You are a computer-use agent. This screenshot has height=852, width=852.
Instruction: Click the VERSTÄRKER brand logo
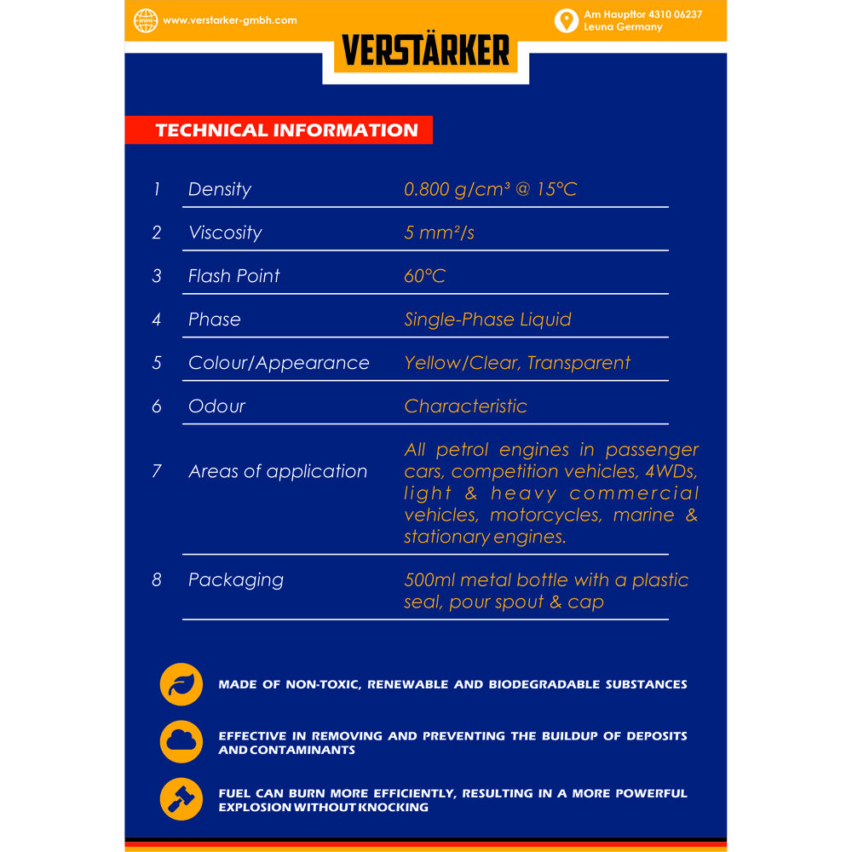pos(426,51)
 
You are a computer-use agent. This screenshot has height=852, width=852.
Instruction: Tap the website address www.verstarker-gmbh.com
pos(229,20)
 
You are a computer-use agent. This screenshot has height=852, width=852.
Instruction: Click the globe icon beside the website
pos(146,20)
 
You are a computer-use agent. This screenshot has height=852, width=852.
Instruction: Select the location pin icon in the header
pos(566,20)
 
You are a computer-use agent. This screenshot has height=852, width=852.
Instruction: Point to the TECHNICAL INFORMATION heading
pos(286,130)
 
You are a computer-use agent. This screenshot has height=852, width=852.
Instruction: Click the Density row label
pos(220,189)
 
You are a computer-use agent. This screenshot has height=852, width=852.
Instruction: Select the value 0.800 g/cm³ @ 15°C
pos(490,189)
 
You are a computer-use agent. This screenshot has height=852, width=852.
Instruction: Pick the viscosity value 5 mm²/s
pos(439,233)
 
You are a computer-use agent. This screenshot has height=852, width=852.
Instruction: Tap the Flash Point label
pos(233,276)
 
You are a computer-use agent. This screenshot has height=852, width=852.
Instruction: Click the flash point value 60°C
pos(424,276)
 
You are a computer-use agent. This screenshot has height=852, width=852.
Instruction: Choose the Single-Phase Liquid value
pos(487,319)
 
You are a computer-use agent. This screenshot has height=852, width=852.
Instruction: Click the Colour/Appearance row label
pos(279,363)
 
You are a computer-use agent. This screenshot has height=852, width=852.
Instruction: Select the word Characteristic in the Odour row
pos(465,406)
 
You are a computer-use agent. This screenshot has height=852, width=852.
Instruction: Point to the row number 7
pos(156,471)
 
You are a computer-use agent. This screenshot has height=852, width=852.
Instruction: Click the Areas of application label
pos(278,471)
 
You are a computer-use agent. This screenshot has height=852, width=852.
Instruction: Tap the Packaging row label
pos(236,580)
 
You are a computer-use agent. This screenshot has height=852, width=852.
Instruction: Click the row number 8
pos(156,580)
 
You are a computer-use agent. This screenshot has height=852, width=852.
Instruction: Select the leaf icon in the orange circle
pos(181,684)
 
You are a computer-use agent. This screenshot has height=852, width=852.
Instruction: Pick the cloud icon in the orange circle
pos(181,741)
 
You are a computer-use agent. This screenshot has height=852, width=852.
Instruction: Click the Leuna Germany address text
pos(623,27)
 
